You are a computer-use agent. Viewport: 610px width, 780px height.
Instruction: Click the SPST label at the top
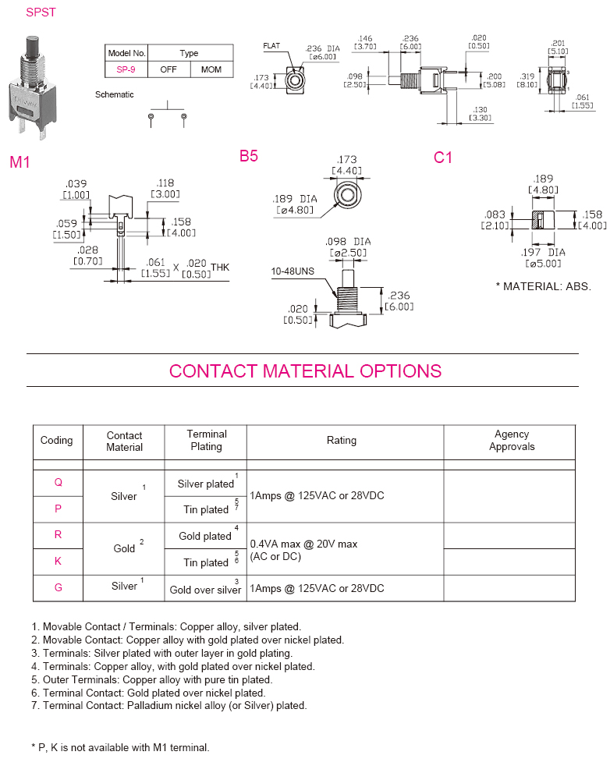(41, 13)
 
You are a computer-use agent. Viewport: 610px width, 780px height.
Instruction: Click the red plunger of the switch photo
(31, 44)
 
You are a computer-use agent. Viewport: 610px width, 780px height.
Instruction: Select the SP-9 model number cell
(126, 69)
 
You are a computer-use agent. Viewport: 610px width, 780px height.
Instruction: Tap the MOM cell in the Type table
(211, 69)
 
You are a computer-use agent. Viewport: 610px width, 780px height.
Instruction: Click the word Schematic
(115, 94)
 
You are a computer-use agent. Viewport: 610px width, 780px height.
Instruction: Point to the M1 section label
(20, 162)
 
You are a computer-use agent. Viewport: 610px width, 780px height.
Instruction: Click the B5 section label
(249, 156)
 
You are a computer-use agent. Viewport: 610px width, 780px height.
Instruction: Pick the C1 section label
(443, 158)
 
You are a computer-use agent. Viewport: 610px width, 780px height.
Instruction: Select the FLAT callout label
(271, 46)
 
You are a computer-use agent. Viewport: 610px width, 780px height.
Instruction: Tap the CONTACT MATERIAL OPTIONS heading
(305, 371)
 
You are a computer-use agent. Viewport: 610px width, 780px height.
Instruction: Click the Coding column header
(56, 441)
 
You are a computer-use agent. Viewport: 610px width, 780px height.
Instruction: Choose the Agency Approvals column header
(512, 441)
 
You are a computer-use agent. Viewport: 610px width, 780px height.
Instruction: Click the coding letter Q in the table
(58, 482)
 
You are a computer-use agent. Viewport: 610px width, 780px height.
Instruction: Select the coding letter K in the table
(58, 561)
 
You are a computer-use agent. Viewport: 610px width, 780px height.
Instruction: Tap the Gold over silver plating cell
(205, 590)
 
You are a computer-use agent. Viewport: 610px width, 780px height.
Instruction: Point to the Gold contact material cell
(124, 548)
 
